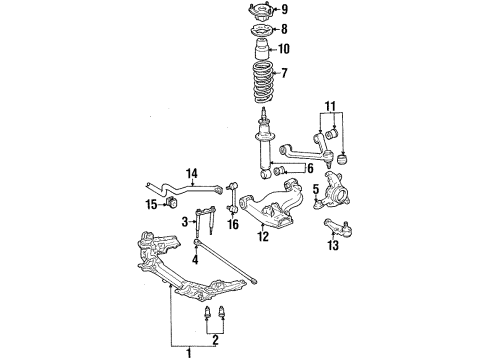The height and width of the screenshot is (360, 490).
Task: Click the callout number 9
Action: point(286,11)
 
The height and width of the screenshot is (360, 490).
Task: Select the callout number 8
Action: point(284,30)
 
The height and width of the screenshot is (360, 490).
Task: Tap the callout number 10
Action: point(285,49)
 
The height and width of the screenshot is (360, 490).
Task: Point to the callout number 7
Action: point(285,73)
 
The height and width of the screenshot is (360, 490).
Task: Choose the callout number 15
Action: point(152,204)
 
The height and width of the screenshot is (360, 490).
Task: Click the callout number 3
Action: point(185,221)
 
